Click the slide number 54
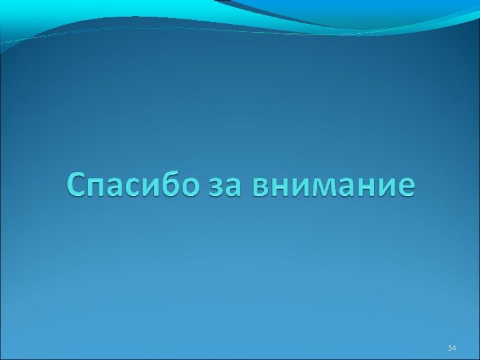pyautogui.click(x=451, y=347)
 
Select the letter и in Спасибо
pyautogui.click(x=151, y=187)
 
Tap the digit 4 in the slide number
pyautogui.click(x=453, y=347)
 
